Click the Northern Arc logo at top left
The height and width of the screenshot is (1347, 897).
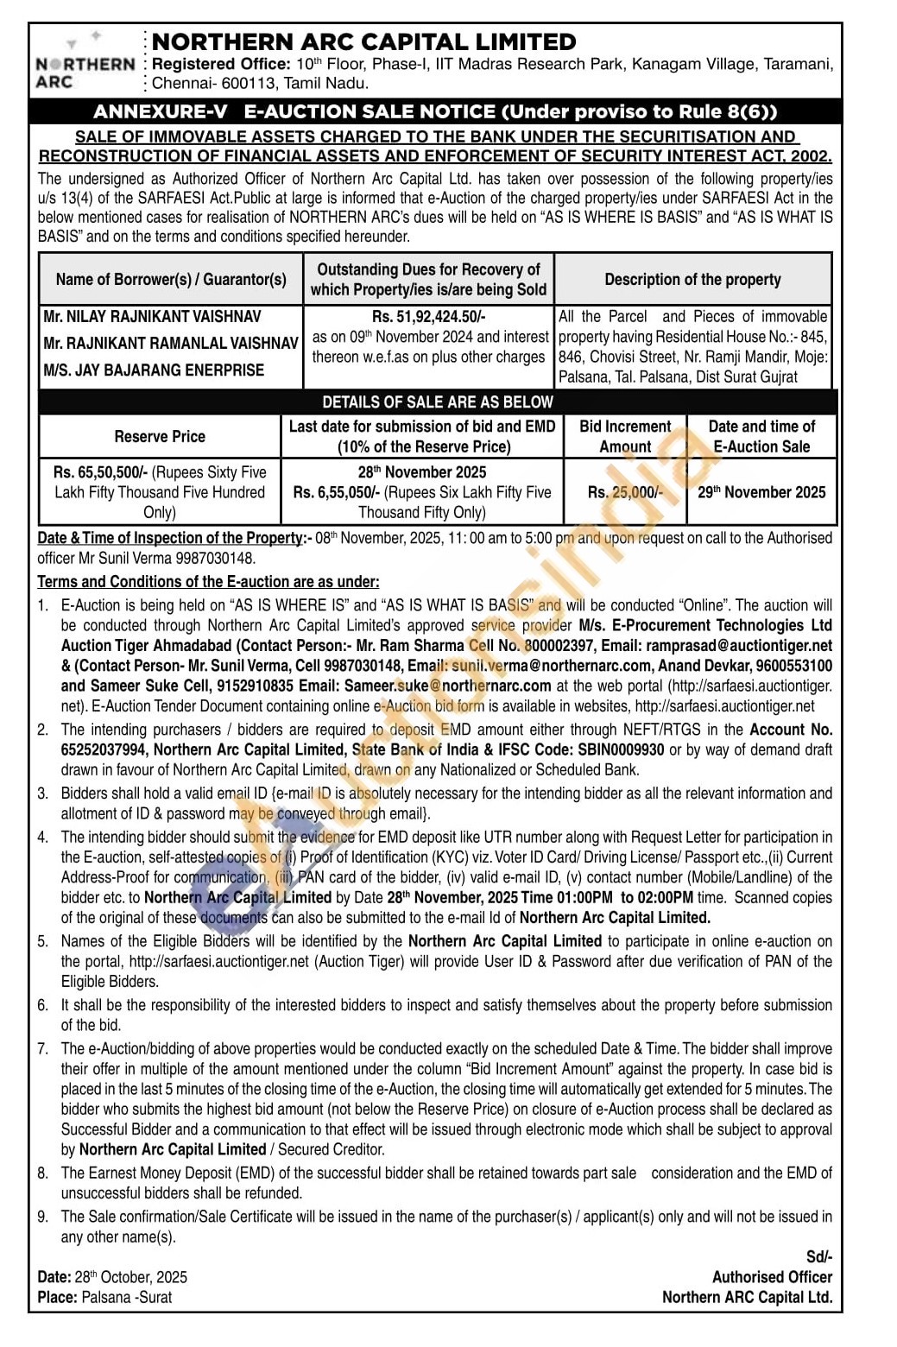click(x=85, y=62)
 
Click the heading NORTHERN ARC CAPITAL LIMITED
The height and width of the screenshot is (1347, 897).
click(x=363, y=41)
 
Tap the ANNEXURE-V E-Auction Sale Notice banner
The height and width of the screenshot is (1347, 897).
click(x=435, y=111)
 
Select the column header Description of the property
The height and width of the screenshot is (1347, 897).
click(x=692, y=279)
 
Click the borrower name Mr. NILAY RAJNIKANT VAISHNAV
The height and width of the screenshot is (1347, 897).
click(x=152, y=317)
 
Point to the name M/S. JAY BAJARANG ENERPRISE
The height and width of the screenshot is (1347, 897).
click(x=154, y=370)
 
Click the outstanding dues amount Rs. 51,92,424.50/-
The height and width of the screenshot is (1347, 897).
click(x=428, y=317)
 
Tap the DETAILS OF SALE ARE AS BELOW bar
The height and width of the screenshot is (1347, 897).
click(x=437, y=402)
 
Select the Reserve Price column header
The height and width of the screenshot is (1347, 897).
click(x=160, y=436)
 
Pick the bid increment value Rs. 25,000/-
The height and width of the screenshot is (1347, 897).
click(x=625, y=492)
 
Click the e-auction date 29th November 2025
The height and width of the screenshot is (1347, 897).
click(x=761, y=492)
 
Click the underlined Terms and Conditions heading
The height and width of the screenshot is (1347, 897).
click(x=208, y=582)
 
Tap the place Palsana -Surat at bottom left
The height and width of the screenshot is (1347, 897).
click(x=126, y=1297)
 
